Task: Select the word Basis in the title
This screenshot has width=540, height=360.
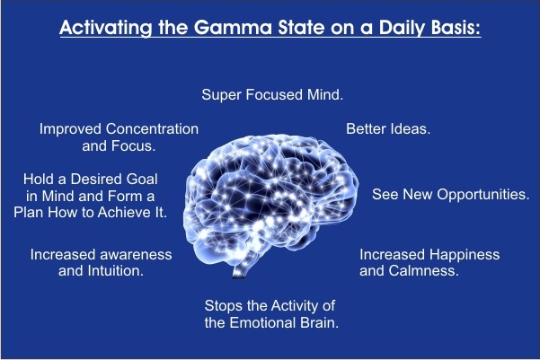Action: coord(456,28)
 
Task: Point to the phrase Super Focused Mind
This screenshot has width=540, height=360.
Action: coord(272,94)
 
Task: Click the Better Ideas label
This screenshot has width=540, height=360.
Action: coord(388,128)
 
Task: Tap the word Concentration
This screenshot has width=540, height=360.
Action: coord(152,128)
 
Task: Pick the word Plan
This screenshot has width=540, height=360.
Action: coord(29,213)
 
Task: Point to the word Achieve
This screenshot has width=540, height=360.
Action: coord(122,213)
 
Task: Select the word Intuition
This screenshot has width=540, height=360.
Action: coord(115,271)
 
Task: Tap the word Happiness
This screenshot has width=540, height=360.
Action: coord(465,255)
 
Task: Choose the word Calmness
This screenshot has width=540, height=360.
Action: coord(423,271)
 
